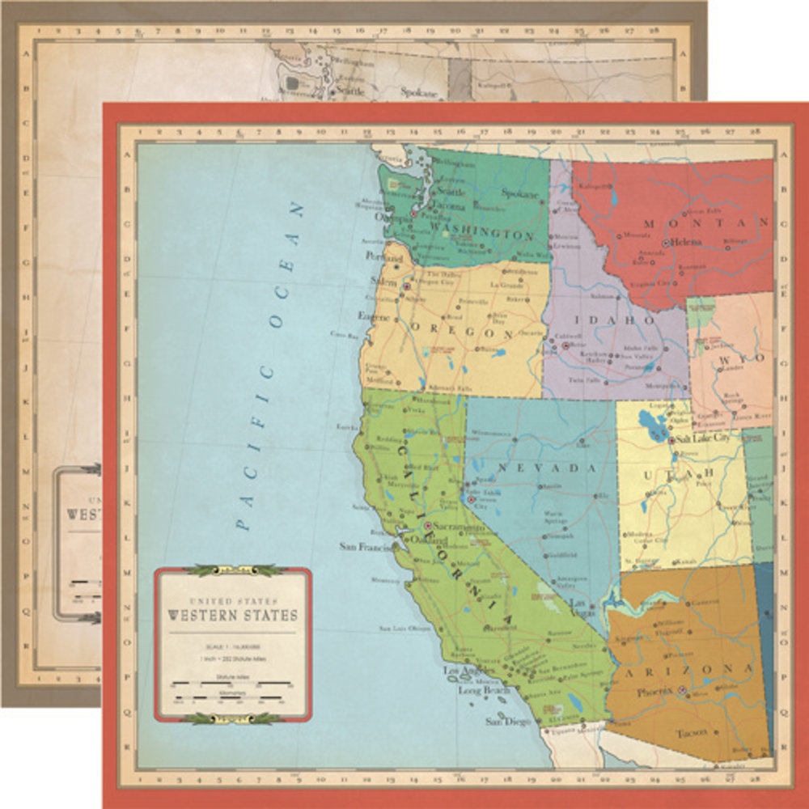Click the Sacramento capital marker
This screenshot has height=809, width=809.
[x=429, y=526]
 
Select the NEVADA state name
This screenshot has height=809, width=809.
[x=546, y=468]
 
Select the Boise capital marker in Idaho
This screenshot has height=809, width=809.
[x=565, y=345]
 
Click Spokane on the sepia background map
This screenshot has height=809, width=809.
[x=419, y=92]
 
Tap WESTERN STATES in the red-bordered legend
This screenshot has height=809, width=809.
[x=232, y=616]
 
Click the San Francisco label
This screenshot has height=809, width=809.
[x=366, y=546]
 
